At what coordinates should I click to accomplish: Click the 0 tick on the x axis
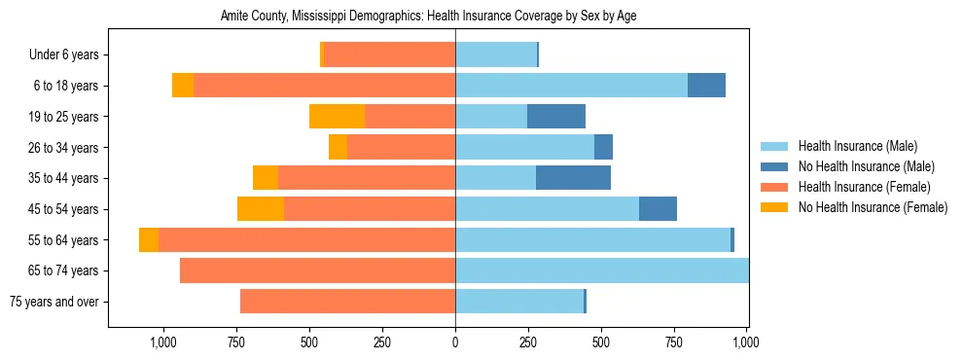click(x=455, y=342)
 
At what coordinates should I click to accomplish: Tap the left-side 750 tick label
click(x=235, y=342)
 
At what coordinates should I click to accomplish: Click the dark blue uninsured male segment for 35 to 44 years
click(x=573, y=178)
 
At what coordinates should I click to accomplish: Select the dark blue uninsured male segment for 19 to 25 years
click(x=556, y=117)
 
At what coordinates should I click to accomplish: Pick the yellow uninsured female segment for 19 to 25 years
click(x=337, y=117)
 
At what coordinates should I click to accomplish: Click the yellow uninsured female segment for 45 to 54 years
click(x=261, y=209)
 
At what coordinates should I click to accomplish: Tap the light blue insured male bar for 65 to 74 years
click(x=601, y=270)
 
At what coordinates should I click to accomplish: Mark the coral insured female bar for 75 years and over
click(x=347, y=302)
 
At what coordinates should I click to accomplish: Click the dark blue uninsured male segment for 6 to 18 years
click(x=706, y=86)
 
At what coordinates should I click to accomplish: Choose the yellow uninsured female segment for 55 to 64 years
click(x=149, y=240)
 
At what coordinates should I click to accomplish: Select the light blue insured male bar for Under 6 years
click(x=496, y=55)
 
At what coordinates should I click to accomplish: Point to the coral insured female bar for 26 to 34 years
click(x=402, y=148)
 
